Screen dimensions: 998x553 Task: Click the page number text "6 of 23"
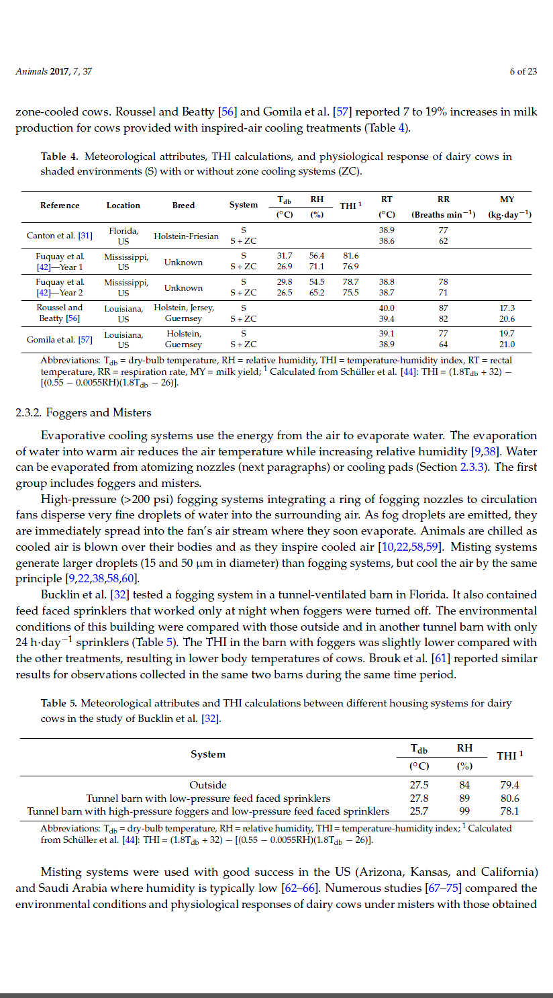coord(523,72)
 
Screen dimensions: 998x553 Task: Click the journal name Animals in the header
coord(31,72)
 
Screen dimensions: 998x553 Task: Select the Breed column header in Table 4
coord(183,206)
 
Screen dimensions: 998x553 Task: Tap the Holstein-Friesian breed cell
coord(186,236)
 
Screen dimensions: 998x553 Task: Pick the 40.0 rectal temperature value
coord(387,308)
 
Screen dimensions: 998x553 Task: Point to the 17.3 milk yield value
coord(507,308)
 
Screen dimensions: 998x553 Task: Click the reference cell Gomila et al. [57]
coord(60,340)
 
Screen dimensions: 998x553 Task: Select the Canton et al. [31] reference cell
coord(59,236)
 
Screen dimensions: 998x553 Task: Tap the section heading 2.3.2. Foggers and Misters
coord(83,412)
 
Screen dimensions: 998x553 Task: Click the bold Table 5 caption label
coord(63,703)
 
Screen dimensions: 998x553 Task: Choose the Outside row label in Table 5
coord(208,784)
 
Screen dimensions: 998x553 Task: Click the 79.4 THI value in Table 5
coord(509,784)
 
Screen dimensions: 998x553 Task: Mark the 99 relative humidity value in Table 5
coord(464,811)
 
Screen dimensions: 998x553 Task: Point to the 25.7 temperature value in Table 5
coord(419,811)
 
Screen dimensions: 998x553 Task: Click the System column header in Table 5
coord(208,754)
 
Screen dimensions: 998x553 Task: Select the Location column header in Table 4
coord(123,206)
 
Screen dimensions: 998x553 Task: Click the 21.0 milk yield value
coord(507,345)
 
